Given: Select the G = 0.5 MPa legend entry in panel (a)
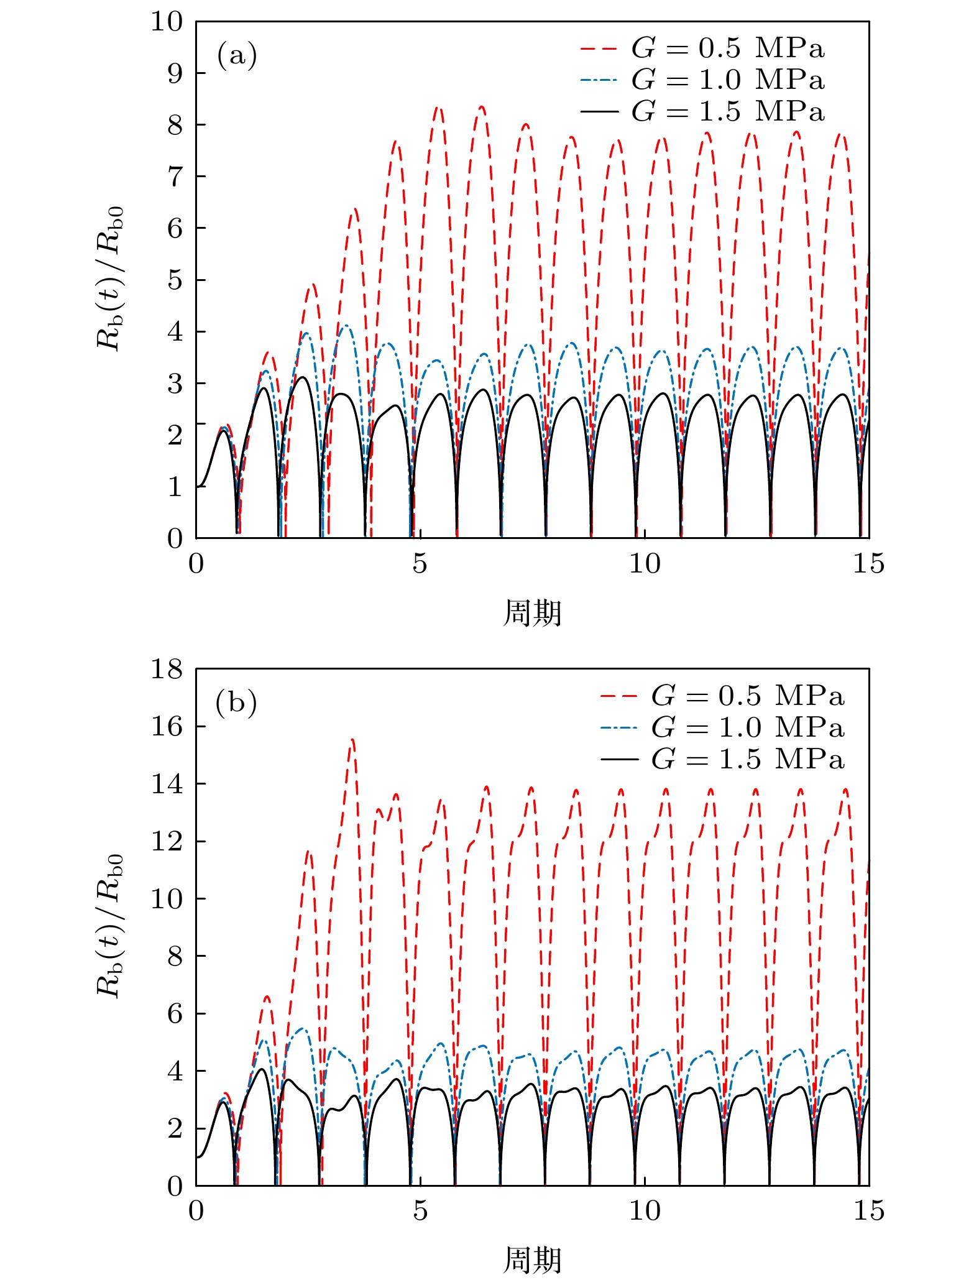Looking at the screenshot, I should (702, 48).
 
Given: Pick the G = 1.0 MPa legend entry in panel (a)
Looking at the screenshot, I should (702, 80).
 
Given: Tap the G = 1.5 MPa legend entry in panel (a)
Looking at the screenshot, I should (702, 111).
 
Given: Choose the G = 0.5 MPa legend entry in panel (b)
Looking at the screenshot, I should (722, 696).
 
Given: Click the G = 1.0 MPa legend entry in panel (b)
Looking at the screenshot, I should (722, 727).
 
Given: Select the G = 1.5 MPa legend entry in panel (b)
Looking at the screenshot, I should (722, 759).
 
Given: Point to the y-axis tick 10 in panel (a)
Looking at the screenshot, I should (167, 22).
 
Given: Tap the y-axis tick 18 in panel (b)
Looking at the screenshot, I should (167, 670).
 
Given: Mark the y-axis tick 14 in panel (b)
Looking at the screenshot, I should (167, 784).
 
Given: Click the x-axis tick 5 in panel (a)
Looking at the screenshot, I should (420, 564).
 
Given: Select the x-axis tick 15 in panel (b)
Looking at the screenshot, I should (868, 1211).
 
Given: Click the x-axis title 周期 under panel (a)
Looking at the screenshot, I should (532, 613).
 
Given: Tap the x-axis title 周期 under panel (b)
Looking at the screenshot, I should (532, 1260).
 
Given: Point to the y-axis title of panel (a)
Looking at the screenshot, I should (111, 279).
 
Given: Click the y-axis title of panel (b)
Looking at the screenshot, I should (111, 927).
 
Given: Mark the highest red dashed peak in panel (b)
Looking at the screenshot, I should (352, 740).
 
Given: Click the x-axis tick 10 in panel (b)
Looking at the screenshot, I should (645, 1211).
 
